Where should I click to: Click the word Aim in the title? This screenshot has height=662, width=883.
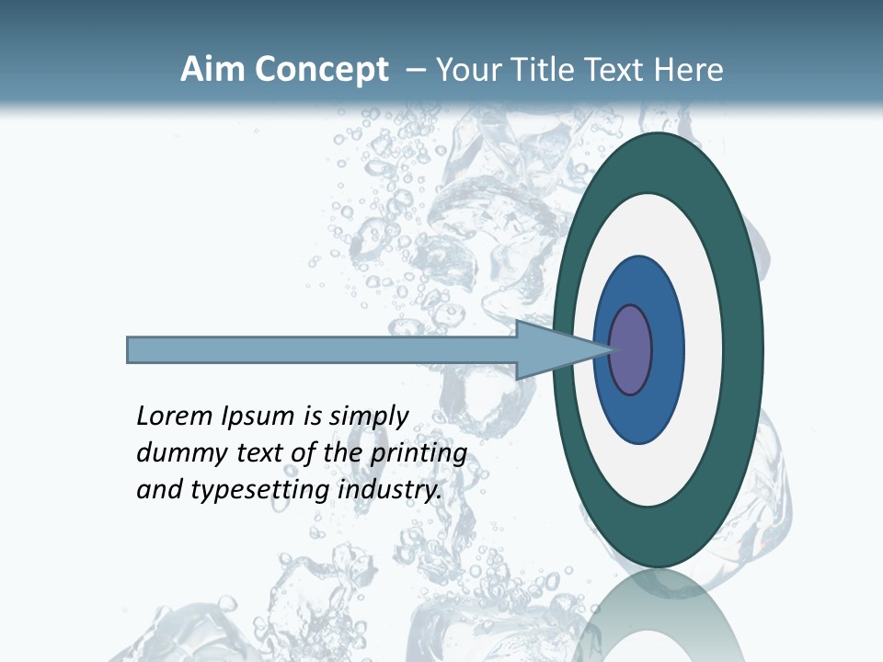click(213, 70)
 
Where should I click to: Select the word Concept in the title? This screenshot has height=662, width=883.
click(322, 71)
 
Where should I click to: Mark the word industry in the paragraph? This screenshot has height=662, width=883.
click(390, 490)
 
